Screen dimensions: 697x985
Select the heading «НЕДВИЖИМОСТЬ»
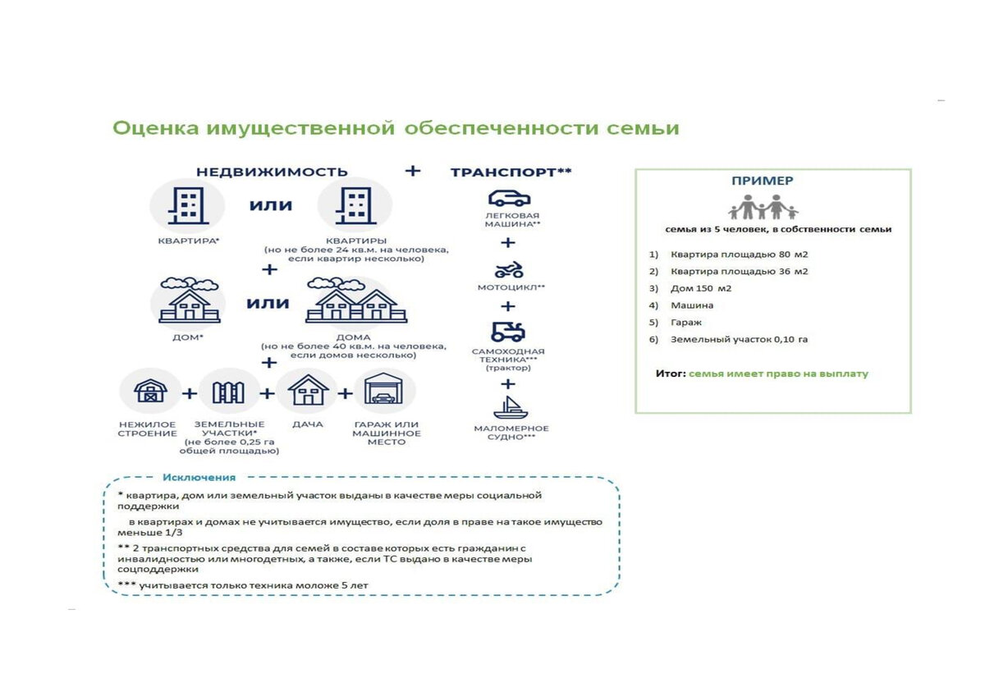point(272,172)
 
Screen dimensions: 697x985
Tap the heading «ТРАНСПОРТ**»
point(511,172)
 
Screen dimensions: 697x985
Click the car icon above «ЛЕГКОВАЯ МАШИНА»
point(509,198)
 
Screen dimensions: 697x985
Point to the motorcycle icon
point(509,270)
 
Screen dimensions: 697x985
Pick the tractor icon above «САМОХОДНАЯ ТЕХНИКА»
point(509,332)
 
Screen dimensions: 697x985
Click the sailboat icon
point(509,406)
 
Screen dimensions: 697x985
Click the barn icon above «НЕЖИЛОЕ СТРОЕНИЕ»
point(151,391)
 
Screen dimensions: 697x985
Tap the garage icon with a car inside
point(384,391)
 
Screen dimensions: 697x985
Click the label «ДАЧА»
point(307,424)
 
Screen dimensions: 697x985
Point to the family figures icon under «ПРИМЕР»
point(763,207)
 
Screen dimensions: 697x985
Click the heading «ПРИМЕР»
point(763,181)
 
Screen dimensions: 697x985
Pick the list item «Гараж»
point(686,323)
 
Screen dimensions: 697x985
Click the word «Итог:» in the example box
point(670,374)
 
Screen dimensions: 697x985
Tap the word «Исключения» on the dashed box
point(199,477)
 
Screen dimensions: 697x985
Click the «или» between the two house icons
point(268,303)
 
